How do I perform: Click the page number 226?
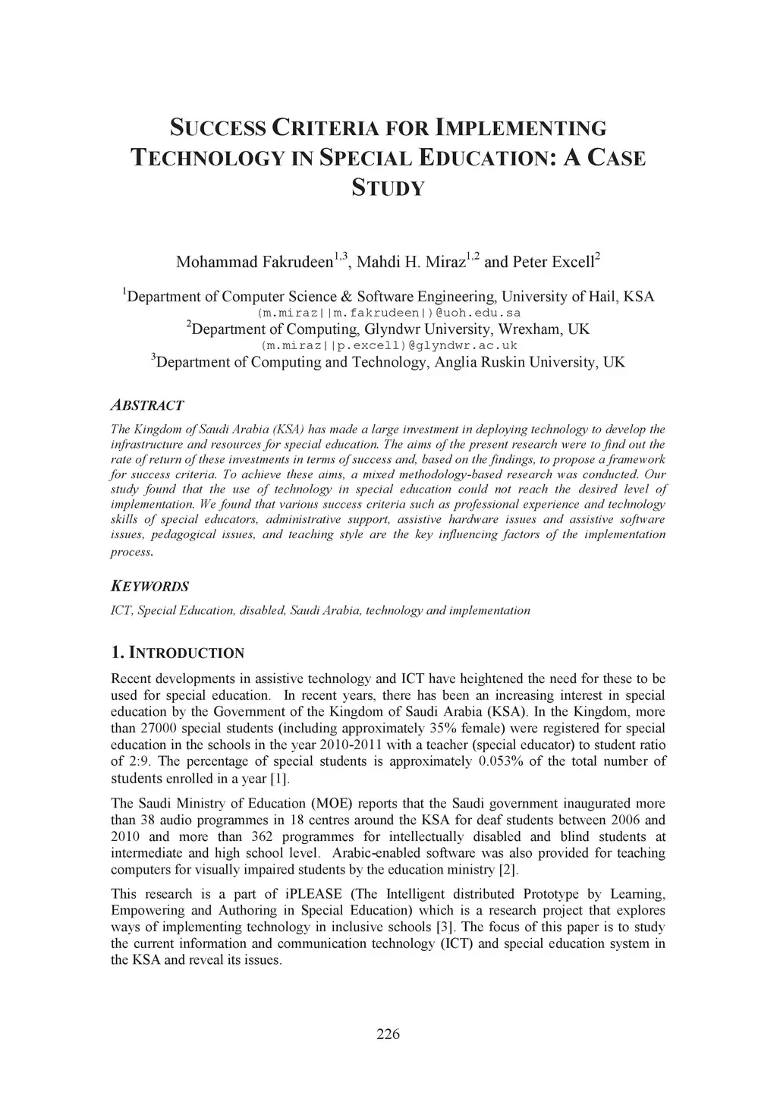click(388, 1034)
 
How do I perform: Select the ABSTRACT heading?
click(147, 405)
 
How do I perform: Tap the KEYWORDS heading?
click(149, 586)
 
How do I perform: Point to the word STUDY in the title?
click(388, 187)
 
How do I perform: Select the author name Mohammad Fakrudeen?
click(254, 263)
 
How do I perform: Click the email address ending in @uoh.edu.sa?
click(388, 313)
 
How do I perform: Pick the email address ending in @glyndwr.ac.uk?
click(388, 345)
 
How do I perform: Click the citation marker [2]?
click(508, 869)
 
